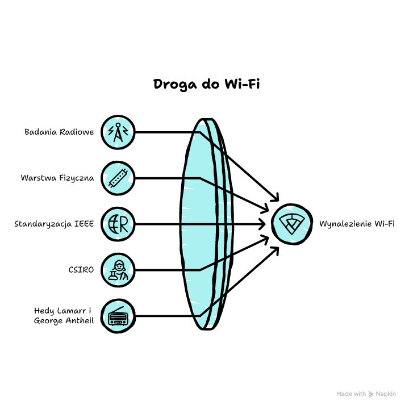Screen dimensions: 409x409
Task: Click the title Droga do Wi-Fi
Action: point(206,84)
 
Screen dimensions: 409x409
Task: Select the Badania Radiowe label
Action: point(59,132)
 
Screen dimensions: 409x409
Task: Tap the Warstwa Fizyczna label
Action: point(57,178)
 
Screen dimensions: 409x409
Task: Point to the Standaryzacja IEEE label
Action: point(54,224)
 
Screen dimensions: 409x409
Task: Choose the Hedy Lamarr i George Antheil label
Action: point(64,315)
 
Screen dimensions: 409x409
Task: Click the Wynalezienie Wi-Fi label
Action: point(357,224)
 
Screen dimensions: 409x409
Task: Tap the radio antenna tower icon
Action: point(118,132)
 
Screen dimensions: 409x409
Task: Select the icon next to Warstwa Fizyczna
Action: point(118,178)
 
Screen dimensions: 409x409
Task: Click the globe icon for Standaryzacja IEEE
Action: point(118,224)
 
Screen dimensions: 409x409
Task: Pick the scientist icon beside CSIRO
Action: point(118,269)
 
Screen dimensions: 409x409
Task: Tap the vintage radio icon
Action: point(118,315)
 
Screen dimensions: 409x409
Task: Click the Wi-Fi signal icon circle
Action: point(291,224)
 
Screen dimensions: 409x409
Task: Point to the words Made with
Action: point(351,394)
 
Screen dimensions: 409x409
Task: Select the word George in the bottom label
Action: point(49,320)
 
